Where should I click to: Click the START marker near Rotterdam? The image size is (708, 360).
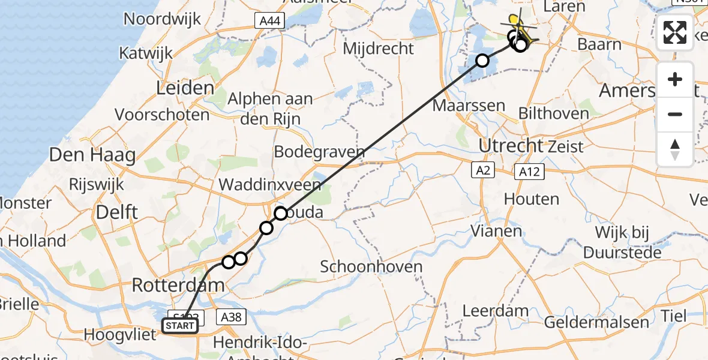(x=179, y=326)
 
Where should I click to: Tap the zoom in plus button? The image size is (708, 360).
(x=675, y=80)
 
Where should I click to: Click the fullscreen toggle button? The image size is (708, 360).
(x=675, y=32)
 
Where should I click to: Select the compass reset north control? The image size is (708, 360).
(x=675, y=149)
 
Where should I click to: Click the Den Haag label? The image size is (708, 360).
(x=92, y=155)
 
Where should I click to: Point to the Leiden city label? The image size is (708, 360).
(x=185, y=88)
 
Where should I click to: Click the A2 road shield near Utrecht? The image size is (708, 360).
(x=483, y=171)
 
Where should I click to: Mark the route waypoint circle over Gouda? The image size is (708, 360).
(x=281, y=213)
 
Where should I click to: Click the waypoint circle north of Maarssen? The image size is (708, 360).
(x=482, y=60)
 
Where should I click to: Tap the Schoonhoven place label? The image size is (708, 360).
(x=371, y=266)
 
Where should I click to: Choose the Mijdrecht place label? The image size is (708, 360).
(x=379, y=48)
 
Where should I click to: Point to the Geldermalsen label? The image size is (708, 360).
(x=596, y=322)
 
